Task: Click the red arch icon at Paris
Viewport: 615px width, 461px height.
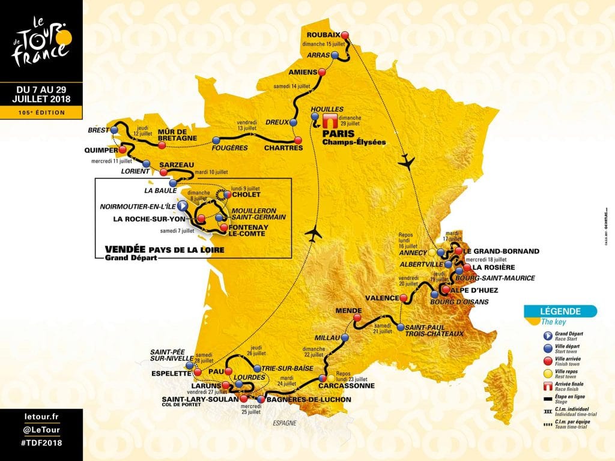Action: coord(329,119)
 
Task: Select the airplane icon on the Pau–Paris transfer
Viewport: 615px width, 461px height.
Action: coord(312,234)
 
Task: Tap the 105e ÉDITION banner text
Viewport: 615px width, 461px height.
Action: coord(41,112)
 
